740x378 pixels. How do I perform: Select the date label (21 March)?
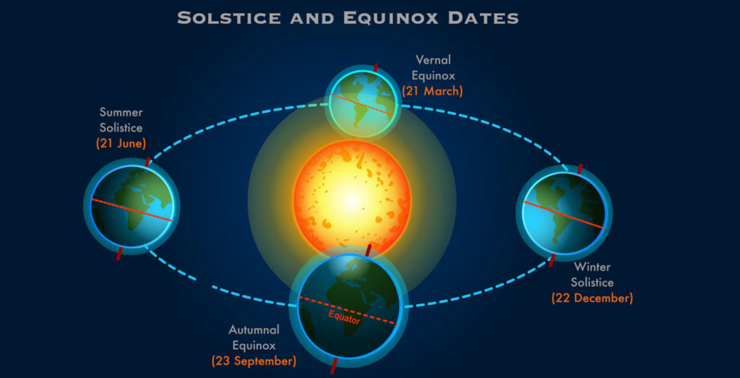coord(432,90)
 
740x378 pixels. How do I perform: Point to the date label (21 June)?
coord(121,143)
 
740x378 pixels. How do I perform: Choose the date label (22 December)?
coord(593,298)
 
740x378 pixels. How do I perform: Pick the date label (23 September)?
coord(254,362)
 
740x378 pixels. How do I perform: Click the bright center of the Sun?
coord(352,199)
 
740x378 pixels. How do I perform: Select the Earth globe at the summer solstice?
coord(132,206)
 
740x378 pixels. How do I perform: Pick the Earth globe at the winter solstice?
coord(564,213)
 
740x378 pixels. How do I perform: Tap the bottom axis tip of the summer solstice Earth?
coord(118,259)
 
